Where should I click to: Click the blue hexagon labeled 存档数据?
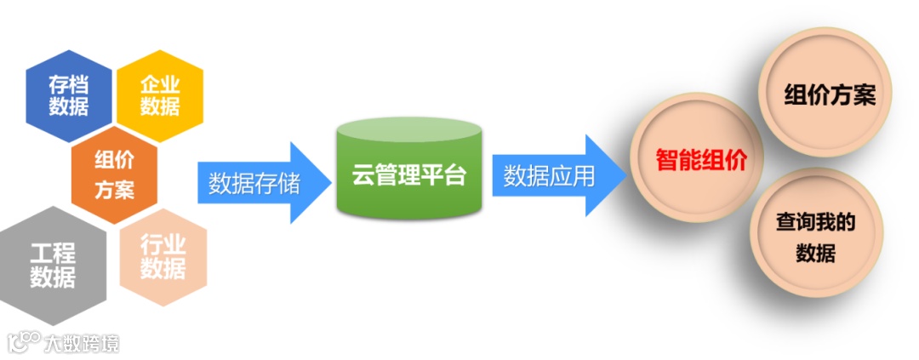click(x=68, y=95)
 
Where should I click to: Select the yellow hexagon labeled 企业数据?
click(x=160, y=95)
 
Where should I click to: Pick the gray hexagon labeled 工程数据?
click(x=53, y=266)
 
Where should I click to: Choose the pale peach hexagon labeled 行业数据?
click(x=163, y=257)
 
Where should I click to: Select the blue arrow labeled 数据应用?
click(x=553, y=176)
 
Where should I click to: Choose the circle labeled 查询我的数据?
click(x=815, y=237)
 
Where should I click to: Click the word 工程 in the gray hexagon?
click(x=53, y=254)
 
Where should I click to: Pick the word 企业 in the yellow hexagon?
click(x=160, y=84)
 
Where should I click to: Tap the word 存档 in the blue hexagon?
click(x=68, y=84)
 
